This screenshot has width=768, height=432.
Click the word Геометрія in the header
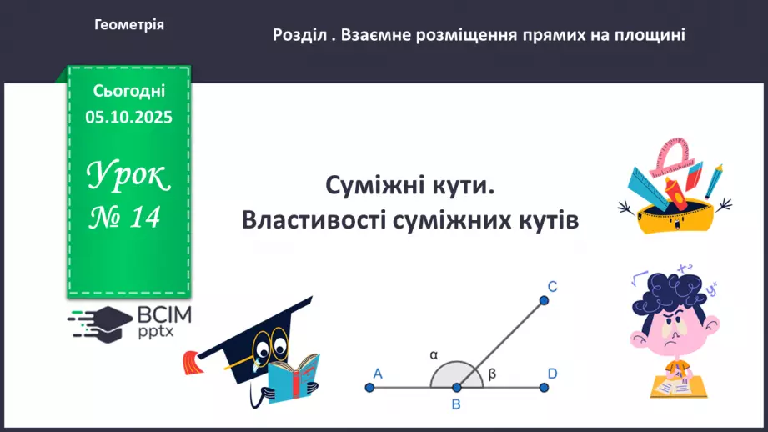click(129, 25)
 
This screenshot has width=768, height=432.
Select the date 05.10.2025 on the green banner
click(128, 118)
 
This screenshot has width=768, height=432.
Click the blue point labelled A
click(369, 387)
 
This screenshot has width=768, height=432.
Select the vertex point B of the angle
click(456, 387)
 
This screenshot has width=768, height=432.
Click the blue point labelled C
click(543, 300)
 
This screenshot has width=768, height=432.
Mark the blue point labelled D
click(544, 387)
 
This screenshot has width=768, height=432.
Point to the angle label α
click(434, 354)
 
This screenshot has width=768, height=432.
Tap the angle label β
click(492, 374)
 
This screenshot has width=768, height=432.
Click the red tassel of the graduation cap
click(192, 362)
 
